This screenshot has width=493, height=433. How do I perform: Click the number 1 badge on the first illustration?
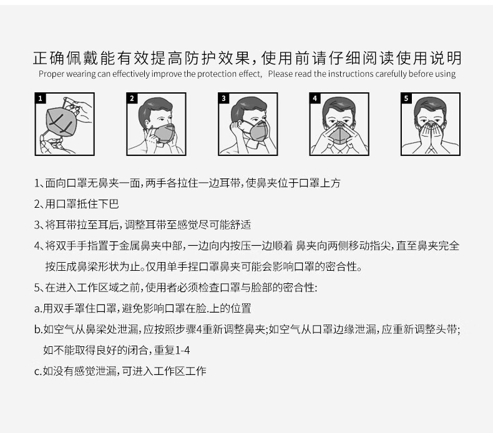tap(40, 99)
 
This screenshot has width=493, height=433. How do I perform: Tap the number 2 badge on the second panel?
tap(132, 99)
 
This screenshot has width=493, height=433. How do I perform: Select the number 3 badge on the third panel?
tap(223, 99)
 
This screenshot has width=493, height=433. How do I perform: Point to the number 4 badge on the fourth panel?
tap(315, 99)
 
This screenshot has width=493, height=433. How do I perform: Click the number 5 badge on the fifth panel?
tap(406, 99)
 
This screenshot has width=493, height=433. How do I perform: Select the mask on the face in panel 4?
tap(339, 134)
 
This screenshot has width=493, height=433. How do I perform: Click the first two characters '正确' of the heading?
tap(49, 58)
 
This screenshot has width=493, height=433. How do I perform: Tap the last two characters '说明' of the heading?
tap(446, 58)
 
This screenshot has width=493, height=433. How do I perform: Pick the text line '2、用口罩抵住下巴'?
tap(76, 204)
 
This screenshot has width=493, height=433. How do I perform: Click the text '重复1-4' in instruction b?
tap(172, 350)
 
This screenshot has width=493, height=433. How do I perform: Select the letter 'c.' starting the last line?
tap(38, 372)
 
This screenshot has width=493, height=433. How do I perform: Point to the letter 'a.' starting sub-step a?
tap(38, 309)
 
